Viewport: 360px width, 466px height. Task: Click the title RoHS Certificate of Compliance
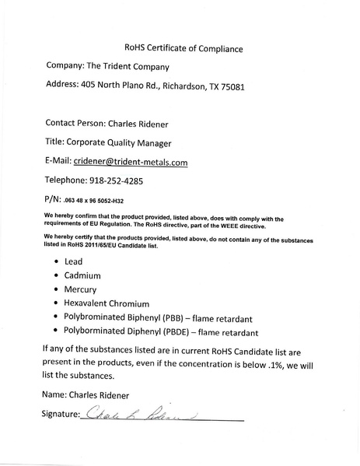click(x=183, y=49)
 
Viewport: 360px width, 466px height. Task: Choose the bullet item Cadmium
click(x=83, y=275)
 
